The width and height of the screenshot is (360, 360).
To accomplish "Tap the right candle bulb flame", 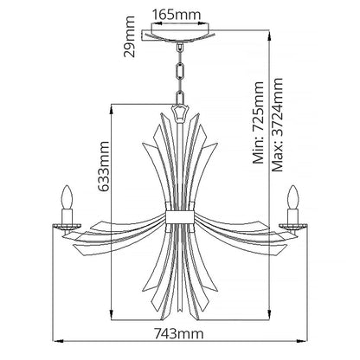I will pyautogui.click(x=294, y=190).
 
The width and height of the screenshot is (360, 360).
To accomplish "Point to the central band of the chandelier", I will pyautogui.click(x=179, y=216).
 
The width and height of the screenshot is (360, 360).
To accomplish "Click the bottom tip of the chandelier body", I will pyautogui.click(x=179, y=317).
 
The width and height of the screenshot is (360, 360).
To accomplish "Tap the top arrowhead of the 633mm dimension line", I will pyautogui.click(x=113, y=106).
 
